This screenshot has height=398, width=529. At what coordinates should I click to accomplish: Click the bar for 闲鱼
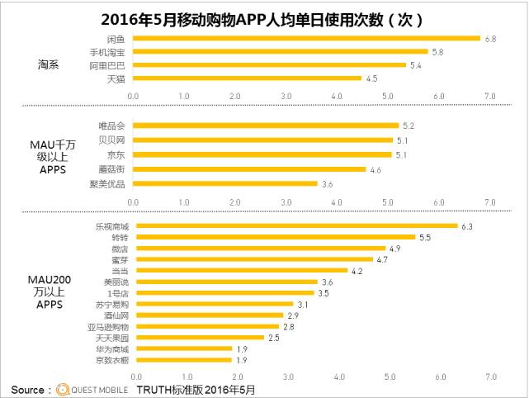tap(306, 38)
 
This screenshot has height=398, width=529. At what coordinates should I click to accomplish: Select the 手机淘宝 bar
tap(281, 51)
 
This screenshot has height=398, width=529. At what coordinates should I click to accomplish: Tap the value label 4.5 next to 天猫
tap(371, 79)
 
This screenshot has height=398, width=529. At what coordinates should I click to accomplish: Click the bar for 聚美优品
tap(225, 183)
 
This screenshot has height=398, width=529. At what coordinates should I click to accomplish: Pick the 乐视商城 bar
tap(295, 225)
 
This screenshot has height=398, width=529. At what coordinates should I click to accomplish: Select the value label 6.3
tap(466, 225)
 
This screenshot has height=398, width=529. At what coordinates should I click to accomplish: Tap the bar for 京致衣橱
tap(182, 360)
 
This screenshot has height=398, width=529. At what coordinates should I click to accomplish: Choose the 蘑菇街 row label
tap(114, 169)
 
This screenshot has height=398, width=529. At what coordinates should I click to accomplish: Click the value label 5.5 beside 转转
tap(425, 237)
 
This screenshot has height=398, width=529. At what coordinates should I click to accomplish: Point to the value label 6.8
tap(490, 38)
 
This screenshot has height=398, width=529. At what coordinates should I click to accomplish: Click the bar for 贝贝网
tap(262, 140)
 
